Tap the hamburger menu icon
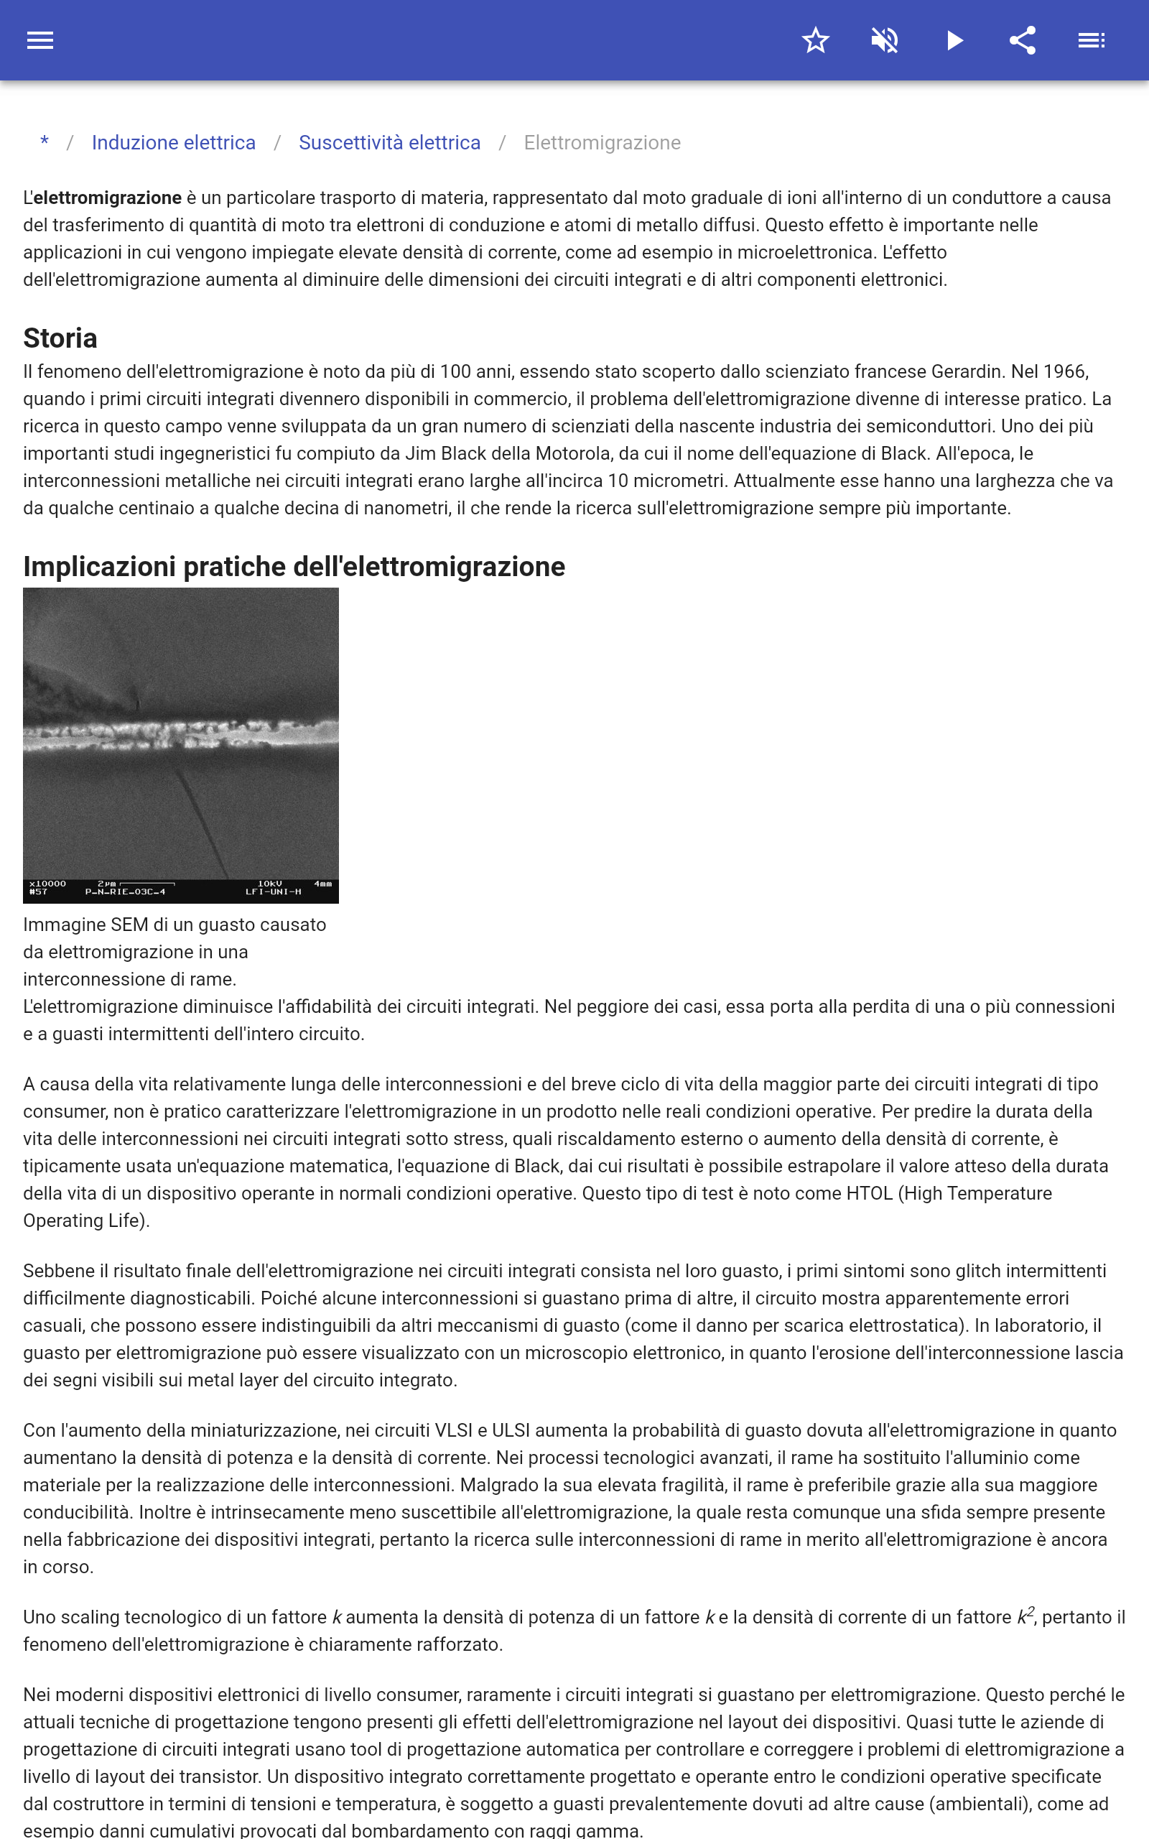[x=40, y=40]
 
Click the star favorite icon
[x=815, y=40]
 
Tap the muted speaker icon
[x=885, y=40]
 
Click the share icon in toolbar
[x=1023, y=40]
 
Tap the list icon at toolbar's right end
[x=1092, y=40]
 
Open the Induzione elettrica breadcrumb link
[x=173, y=143]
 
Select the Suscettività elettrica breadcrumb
[x=389, y=143]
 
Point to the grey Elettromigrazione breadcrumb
[x=602, y=143]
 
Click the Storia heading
[x=60, y=338]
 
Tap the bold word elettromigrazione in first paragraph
[x=107, y=198]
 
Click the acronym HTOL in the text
[x=869, y=1194]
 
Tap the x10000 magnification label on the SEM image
[x=48, y=884]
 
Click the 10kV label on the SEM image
[x=270, y=884]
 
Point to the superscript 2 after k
[x=1031, y=1611]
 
